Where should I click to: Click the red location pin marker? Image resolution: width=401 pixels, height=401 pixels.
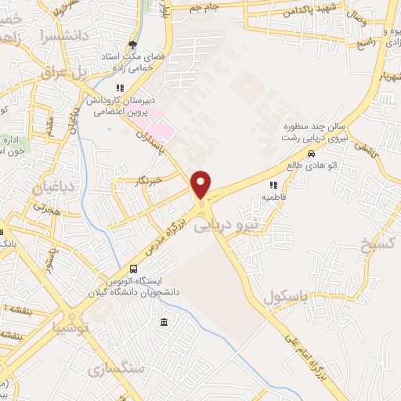point(201,185)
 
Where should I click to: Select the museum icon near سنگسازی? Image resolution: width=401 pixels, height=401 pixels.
point(164,323)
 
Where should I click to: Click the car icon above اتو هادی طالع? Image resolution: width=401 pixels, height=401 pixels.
point(312,154)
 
